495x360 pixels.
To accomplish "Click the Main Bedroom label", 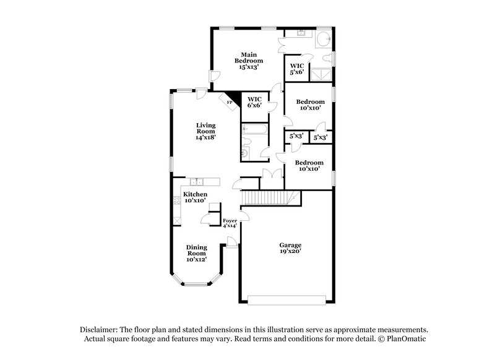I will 249,61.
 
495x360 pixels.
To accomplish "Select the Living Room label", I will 206,131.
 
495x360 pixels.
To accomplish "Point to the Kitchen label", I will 195,197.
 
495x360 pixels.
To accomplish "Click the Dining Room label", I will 196,252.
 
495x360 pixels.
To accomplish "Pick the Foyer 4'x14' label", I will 230,223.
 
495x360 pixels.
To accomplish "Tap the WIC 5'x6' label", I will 297,69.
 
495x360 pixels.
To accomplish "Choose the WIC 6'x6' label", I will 255,102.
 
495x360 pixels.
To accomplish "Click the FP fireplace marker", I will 230,103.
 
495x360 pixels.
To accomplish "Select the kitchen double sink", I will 197,181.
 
